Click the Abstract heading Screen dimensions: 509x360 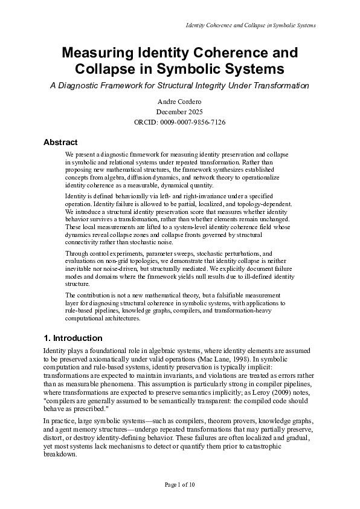pos(60,143)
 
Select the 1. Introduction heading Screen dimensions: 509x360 pos(73,338)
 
